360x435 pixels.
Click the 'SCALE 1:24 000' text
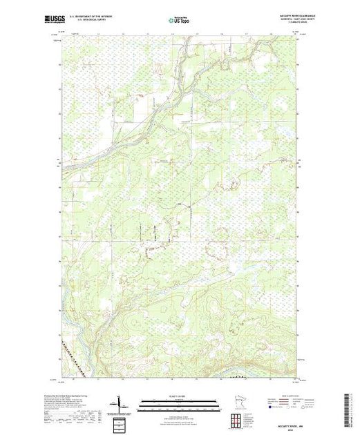(179, 396)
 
